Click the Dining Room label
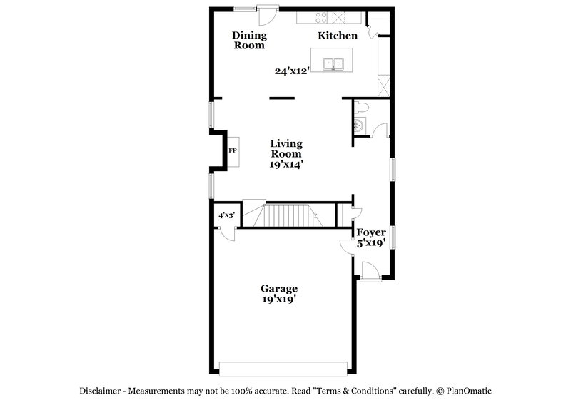tap(249, 40)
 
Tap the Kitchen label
tap(338, 35)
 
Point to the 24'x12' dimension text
tap(292, 71)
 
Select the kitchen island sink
tap(333, 63)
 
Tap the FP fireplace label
tap(232, 151)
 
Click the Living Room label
tap(285, 148)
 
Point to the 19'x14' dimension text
tap(285, 164)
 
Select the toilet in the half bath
tap(362, 108)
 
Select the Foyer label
tap(371, 232)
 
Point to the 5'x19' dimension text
tap(371, 242)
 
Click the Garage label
tap(278, 289)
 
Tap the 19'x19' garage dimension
tap(278, 300)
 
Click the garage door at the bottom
tap(283, 368)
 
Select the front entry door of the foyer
tap(370, 272)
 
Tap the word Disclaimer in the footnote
tap(102, 391)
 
